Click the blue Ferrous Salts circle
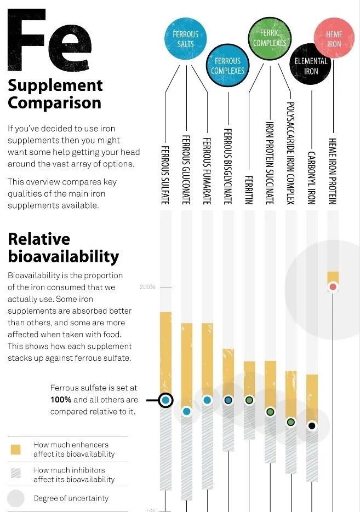(186, 38)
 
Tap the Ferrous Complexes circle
(228, 66)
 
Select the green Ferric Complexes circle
(270, 37)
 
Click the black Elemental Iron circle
(311, 66)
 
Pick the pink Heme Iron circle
(334, 39)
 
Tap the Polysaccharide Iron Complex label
(290, 152)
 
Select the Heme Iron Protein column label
(332, 170)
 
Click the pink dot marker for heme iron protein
(333, 287)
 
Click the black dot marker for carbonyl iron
(312, 425)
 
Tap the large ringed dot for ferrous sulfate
(165, 400)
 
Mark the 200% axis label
(148, 287)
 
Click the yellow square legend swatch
(15, 450)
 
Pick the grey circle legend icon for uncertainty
(16, 498)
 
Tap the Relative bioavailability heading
(63, 248)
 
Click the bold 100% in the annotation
(61, 400)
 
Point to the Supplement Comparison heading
(55, 94)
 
